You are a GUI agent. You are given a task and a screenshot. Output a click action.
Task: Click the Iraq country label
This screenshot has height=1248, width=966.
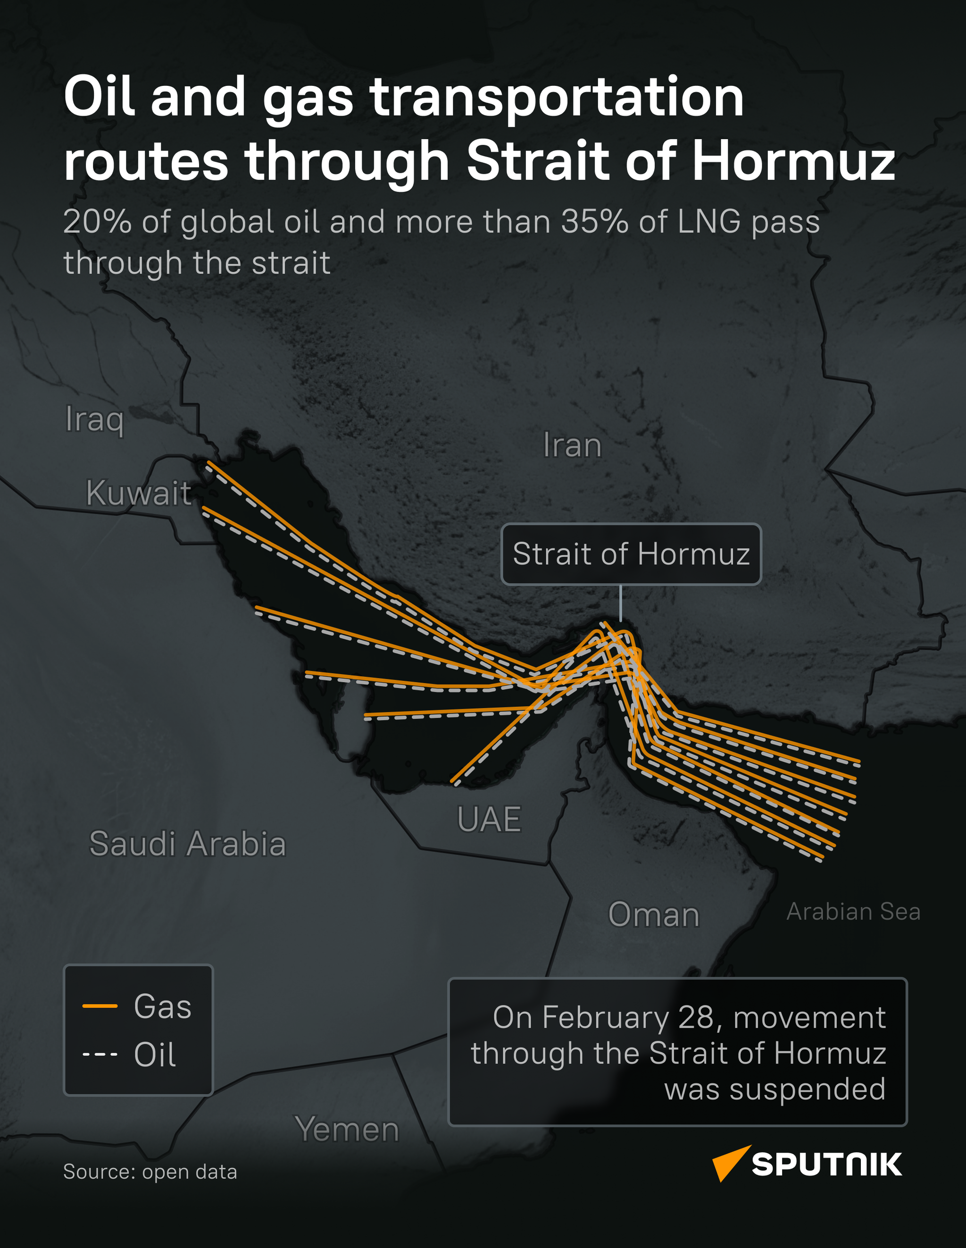94,420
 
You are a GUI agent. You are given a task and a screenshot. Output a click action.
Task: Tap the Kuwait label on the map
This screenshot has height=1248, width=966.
138,493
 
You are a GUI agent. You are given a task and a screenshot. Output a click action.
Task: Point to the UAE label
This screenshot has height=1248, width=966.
489,820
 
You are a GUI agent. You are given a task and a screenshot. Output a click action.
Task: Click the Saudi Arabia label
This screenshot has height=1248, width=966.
187,844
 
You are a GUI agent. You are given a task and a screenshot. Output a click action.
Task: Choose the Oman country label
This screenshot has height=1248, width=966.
654,915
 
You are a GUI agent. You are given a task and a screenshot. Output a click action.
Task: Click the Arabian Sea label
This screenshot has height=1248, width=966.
853,912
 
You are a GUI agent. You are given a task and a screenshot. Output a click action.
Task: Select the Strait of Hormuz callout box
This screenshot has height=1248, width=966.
631,554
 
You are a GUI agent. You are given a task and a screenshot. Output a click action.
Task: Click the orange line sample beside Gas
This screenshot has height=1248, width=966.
100,1006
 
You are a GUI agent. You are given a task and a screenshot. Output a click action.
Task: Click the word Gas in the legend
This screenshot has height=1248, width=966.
162,1006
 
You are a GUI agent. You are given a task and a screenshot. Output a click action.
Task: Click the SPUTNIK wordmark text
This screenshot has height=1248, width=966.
826,1164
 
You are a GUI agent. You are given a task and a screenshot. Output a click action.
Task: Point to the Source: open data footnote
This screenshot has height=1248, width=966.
150,1172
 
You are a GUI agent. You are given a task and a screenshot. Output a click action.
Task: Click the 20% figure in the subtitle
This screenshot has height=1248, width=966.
97,222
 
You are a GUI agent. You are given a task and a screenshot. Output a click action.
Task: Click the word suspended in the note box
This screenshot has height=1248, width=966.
807,1089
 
